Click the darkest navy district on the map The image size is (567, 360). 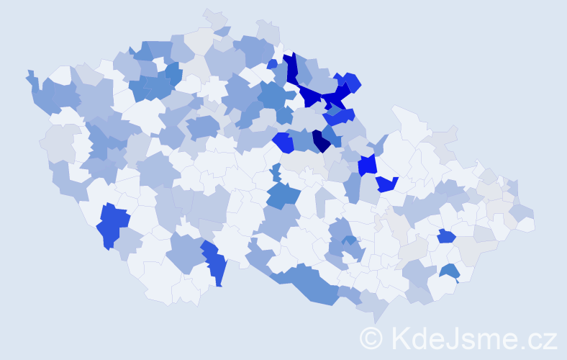tap(320, 140)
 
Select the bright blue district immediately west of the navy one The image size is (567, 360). tap(283, 143)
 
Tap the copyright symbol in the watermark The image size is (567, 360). tap(371, 338)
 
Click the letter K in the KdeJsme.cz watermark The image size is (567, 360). tap(401, 338)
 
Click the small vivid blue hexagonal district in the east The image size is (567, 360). tap(446, 235)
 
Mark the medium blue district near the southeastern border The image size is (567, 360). tap(450, 271)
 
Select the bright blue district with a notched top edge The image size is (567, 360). tap(387, 184)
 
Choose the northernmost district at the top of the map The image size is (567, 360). tap(214, 17)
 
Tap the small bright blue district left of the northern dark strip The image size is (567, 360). tap(272, 64)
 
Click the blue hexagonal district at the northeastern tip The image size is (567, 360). tap(352, 82)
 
